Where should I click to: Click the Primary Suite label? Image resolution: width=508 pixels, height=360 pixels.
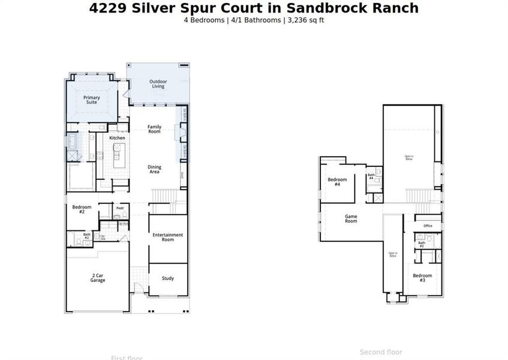click(92, 100)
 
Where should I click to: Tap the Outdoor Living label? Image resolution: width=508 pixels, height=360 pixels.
click(158, 84)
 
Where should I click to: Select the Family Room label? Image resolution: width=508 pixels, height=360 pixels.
click(155, 129)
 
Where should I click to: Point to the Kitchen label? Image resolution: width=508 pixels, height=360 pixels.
click(117, 138)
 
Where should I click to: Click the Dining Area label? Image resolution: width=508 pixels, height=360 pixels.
click(155, 170)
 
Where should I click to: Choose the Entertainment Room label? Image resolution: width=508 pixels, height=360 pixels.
click(168, 237)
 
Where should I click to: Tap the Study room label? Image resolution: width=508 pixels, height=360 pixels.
click(168, 278)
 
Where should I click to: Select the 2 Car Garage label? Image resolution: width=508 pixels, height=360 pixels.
click(98, 278)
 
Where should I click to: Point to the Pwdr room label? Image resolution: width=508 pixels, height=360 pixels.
click(120, 208)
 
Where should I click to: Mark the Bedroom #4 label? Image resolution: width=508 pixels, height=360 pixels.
click(337, 182)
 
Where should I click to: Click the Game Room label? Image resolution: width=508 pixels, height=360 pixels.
click(351, 218)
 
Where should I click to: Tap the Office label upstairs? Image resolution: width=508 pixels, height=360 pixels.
click(428, 226)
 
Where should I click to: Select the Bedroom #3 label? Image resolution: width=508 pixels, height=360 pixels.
click(422, 278)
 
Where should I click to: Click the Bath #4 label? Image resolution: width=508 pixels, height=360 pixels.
click(371, 176)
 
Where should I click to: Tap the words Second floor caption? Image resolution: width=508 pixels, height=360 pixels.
click(381, 352)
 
